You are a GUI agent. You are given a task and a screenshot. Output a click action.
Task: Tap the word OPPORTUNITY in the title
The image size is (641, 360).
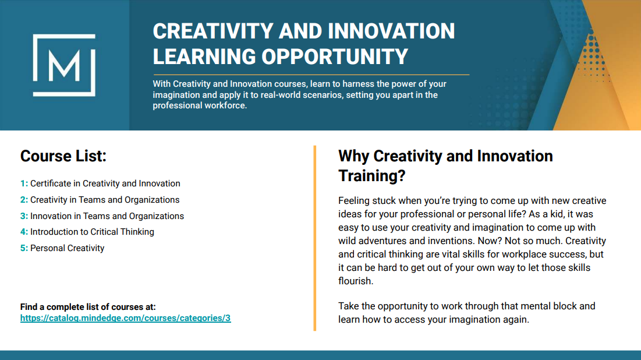(335, 57)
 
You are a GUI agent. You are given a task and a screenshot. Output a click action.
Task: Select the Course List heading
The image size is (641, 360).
(63, 156)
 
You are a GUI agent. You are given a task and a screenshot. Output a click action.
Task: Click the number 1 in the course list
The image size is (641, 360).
(23, 183)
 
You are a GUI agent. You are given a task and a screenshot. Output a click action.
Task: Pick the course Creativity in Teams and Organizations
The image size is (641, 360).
(105, 200)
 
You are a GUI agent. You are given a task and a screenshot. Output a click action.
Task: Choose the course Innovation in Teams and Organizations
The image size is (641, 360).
(107, 216)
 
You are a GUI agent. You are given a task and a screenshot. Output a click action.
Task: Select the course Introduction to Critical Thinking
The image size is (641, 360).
(92, 232)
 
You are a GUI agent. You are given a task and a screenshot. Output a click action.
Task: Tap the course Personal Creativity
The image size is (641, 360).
(67, 248)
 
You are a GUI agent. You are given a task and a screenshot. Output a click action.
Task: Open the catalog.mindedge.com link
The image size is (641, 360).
(126, 318)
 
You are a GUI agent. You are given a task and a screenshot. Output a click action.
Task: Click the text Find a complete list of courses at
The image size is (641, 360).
(88, 307)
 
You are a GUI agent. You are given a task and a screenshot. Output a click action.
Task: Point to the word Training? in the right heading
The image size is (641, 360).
(371, 175)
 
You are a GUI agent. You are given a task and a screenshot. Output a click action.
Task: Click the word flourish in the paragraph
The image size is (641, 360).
(355, 281)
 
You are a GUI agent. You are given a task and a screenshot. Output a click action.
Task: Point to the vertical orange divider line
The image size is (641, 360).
(315, 238)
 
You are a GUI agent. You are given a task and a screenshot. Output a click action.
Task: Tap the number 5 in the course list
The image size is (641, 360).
(23, 248)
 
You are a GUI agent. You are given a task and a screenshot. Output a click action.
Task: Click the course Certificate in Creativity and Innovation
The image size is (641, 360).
(105, 183)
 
